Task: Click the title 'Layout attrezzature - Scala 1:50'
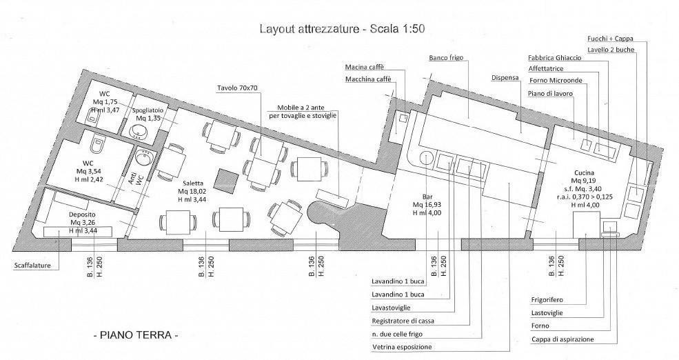coord(342,29)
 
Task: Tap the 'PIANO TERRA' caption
coord(136,335)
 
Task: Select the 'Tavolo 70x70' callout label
coord(237,88)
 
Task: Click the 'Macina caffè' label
coord(365,67)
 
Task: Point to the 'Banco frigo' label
coord(446,58)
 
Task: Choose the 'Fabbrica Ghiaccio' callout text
coord(555,58)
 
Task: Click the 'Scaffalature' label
coord(32,266)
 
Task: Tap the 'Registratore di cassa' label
coord(403,321)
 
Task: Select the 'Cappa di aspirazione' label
coord(563,339)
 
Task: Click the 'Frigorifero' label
coord(547,300)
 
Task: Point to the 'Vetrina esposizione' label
coord(402,347)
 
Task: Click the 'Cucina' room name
coord(582,173)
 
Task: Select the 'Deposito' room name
coord(82,214)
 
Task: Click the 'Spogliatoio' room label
coord(148,110)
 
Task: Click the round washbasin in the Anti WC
coord(143,157)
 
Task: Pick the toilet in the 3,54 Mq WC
coord(99,143)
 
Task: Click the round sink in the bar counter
coord(426,157)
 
